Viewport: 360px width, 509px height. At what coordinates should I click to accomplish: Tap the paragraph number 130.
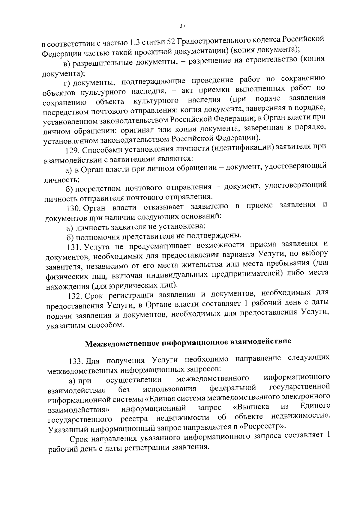coord(73,208)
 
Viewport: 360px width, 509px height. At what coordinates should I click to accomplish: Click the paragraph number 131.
coord(73,247)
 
